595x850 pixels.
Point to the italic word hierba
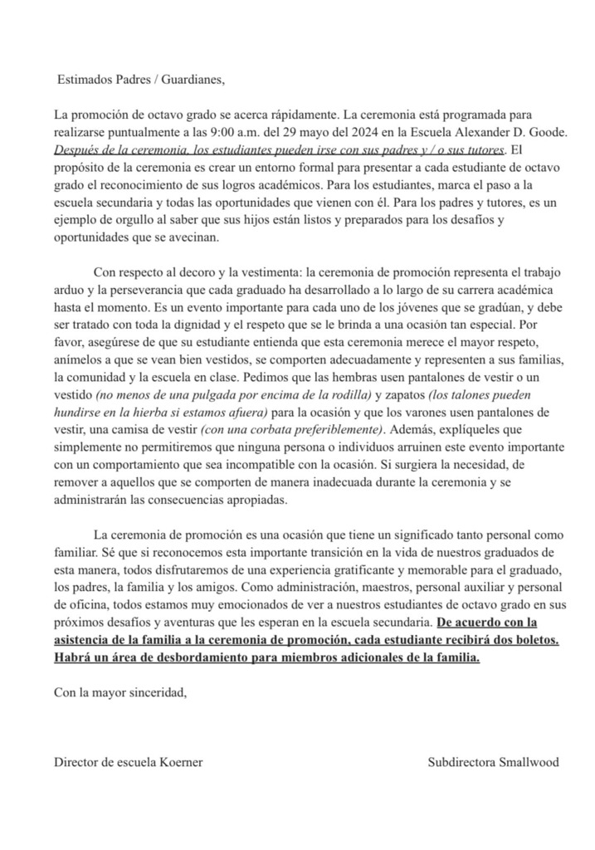(144, 413)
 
